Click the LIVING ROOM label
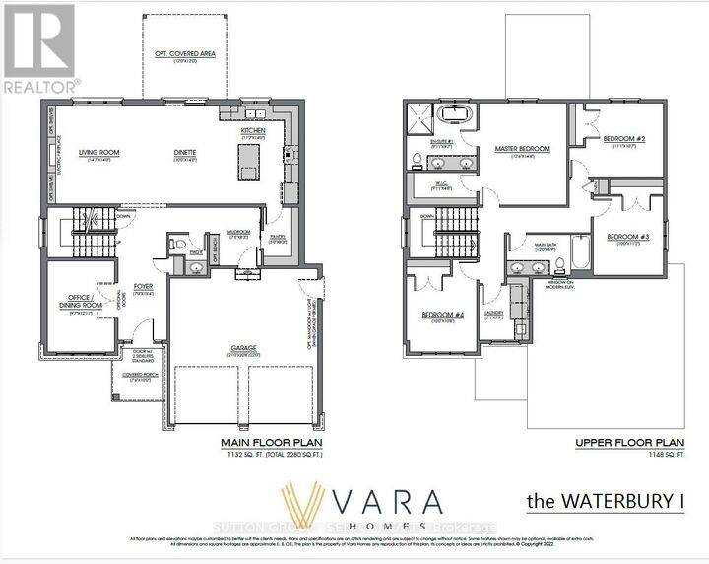97,152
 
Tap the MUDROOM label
238,233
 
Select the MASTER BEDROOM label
522,149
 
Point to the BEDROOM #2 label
624,139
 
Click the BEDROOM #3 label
626,237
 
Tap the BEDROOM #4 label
442,316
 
